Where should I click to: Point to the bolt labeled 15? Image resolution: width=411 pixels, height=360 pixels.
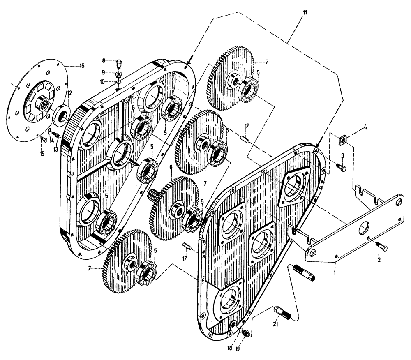click(43, 139)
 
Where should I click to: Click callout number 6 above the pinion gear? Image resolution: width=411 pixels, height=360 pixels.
click(171, 168)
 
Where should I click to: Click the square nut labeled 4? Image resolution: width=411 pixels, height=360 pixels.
click(342, 141)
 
